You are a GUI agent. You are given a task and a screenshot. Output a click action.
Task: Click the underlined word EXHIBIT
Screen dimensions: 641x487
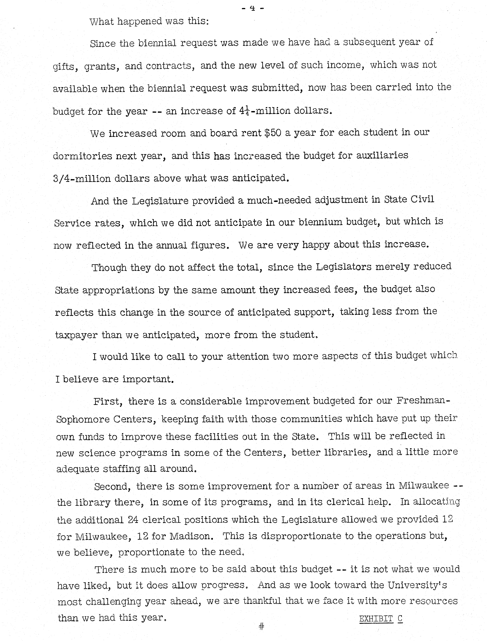pos(376,619)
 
